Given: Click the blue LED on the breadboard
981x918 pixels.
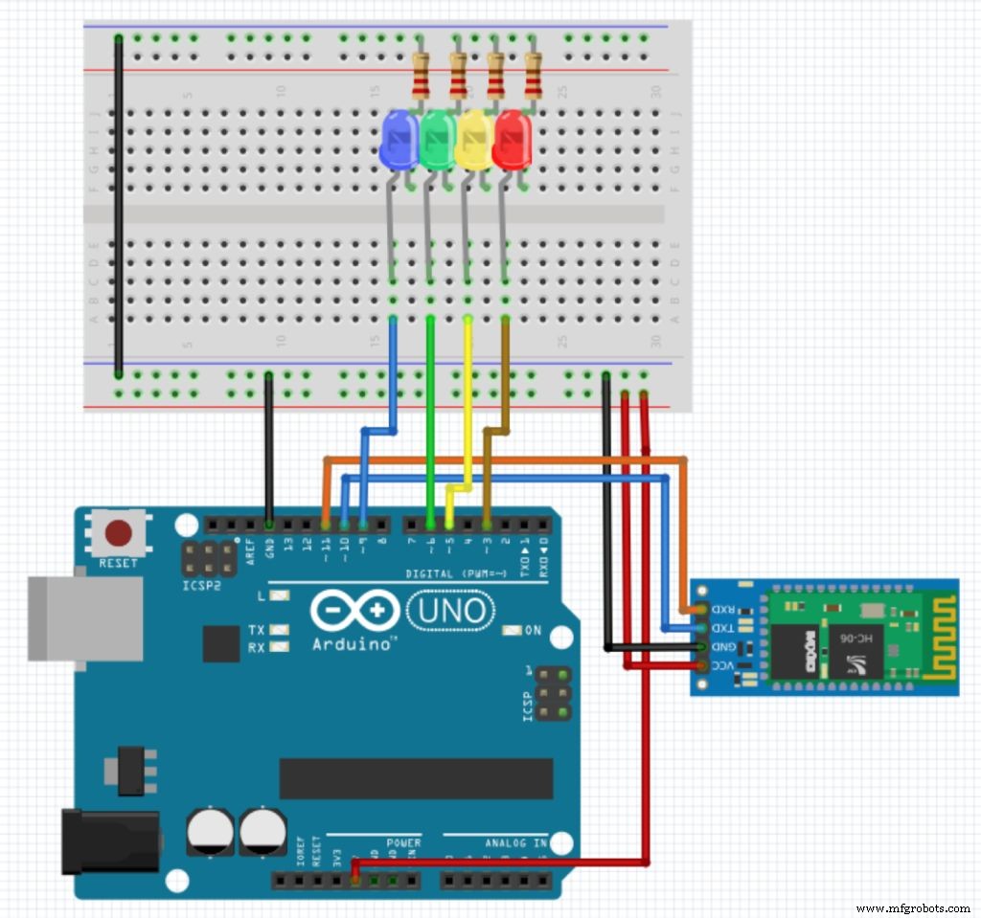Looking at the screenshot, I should point(399,142).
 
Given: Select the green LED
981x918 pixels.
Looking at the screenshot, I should point(438,142).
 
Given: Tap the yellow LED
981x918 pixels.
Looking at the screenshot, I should point(474,142).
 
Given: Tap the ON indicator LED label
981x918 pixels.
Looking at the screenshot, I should point(534,631).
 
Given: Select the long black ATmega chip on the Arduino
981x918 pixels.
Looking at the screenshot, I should point(416,778).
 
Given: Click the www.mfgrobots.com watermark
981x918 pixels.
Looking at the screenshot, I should point(912,907).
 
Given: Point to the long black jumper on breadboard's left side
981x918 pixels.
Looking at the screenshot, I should point(119,206).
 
